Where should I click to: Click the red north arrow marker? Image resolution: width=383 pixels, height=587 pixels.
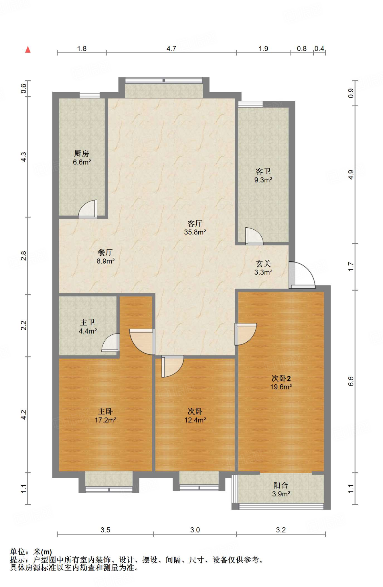(x=28, y=50)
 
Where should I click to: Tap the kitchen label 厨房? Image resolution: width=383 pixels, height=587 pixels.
(x=82, y=154)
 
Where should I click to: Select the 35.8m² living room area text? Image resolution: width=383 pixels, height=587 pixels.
(x=195, y=232)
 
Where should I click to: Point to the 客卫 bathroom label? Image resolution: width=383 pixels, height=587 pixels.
(x=263, y=171)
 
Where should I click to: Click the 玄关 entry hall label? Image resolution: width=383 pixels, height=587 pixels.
(x=263, y=264)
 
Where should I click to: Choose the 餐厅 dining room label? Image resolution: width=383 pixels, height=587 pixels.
(x=105, y=253)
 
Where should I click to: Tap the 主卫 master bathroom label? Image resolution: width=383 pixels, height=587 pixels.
(x=88, y=322)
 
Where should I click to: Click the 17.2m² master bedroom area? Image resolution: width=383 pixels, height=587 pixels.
(x=105, y=420)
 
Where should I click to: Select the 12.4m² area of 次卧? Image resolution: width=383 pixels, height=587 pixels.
(x=195, y=420)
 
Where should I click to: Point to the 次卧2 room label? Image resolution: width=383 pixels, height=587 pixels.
(x=281, y=378)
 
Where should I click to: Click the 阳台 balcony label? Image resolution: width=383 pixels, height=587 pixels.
(x=281, y=485)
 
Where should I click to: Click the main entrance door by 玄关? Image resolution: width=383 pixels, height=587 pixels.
(x=302, y=275)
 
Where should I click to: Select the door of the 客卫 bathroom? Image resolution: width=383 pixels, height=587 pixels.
(x=254, y=236)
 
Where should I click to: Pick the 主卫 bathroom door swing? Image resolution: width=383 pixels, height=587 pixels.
(x=110, y=343)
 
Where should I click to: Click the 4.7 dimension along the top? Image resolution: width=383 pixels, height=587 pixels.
(x=171, y=49)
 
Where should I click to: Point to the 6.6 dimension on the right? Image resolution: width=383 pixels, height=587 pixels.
(x=351, y=381)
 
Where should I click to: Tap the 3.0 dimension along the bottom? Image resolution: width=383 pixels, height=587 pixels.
(x=195, y=530)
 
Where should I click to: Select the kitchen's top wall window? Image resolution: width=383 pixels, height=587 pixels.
(x=90, y=95)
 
